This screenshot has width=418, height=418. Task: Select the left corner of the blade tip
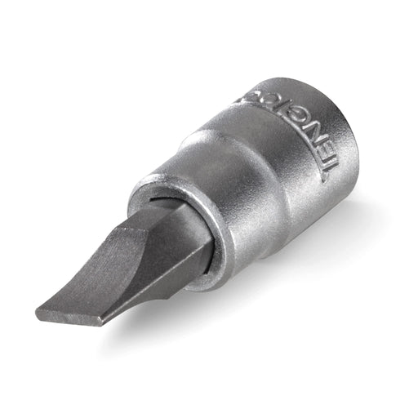coord(38,312)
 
